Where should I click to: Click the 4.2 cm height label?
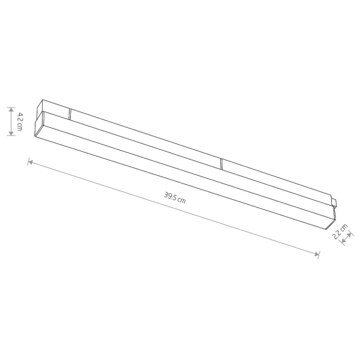(x=20, y=121)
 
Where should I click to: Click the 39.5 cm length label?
(x=175, y=197)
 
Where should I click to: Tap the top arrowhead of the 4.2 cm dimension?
(x=11, y=110)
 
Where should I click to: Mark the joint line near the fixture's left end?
(x=70, y=113)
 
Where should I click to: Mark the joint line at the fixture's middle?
(x=221, y=163)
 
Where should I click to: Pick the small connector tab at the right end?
(x=334, y=200)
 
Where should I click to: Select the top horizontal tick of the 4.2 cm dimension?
(x=11, y=107)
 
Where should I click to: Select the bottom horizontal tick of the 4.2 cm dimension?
(x=11, y=136)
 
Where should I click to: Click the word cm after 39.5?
(x=181, y=199)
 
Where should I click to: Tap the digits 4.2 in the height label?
(x=20, y=117)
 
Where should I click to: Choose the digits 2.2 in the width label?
(x=338, y=235)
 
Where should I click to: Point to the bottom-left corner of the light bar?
(x=37, y=135)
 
